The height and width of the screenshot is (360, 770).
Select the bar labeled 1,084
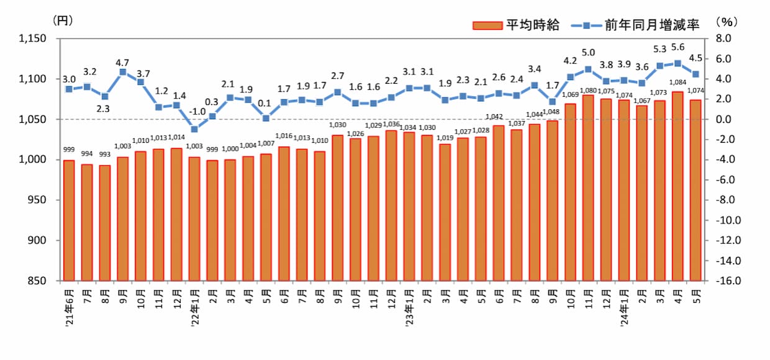pos(677,186)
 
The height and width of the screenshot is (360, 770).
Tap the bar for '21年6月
pos(69,220)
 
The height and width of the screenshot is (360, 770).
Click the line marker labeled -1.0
pos(194,129)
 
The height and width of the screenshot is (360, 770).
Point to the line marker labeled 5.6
pos(677,63)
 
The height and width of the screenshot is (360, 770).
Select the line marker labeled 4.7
pos(123,72)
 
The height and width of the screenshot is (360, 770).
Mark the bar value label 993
pos(104,154)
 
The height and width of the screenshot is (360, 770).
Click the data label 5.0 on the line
pos(588,52)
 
